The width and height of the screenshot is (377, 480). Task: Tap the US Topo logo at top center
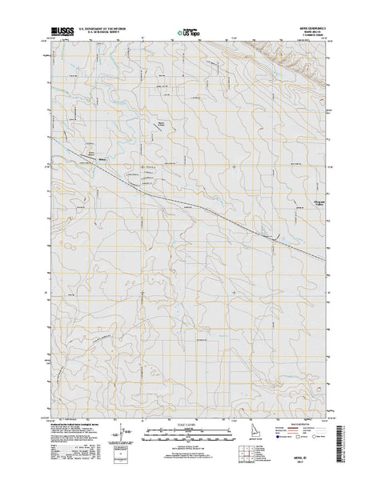point(183,33)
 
